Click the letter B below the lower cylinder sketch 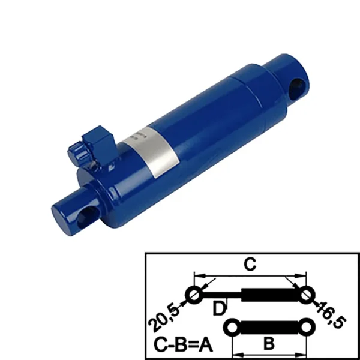click(269, 343)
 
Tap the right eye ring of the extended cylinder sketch click(307, 295)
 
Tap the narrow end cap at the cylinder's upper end click(288, 72)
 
